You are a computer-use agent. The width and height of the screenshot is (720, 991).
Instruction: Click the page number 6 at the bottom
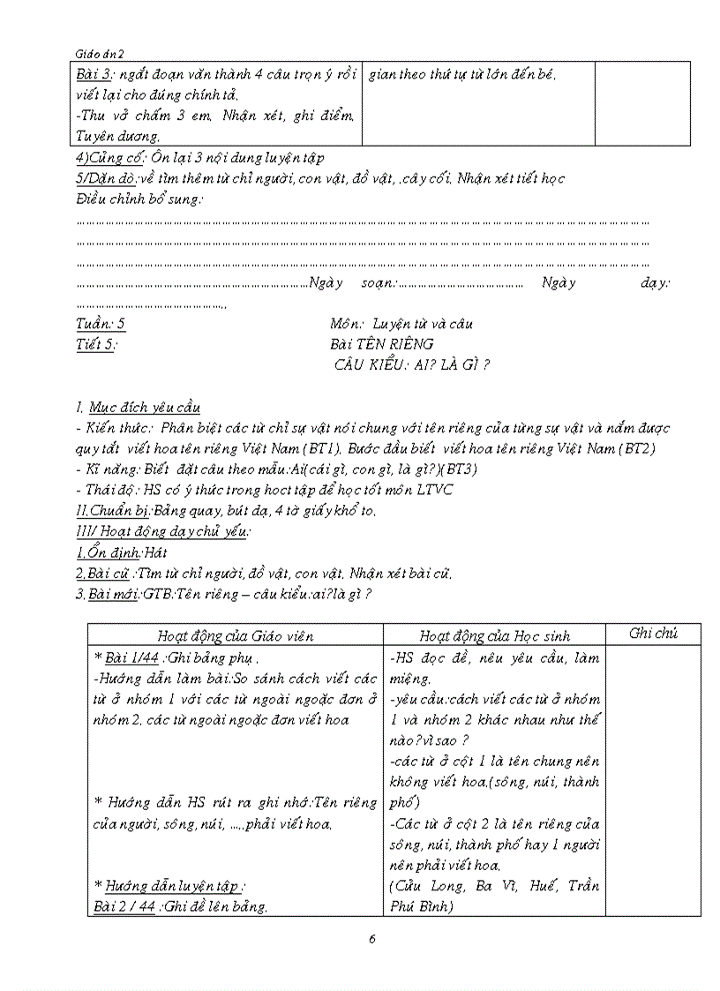[372, 938]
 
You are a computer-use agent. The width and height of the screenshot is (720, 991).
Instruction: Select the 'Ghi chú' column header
[653, 633]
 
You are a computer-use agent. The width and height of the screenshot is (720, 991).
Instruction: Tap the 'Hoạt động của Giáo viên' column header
[235, 634]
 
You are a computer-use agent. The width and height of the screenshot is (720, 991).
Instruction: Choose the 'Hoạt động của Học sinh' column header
[494, 634]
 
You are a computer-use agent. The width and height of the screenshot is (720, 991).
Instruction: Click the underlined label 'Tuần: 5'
[101, 323]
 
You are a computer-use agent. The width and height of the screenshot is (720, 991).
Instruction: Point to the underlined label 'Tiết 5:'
[97, 344]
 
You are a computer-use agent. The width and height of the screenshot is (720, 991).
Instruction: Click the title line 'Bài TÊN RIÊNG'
[381, 344]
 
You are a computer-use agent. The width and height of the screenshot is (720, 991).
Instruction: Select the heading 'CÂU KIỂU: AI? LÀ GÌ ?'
[411, 364]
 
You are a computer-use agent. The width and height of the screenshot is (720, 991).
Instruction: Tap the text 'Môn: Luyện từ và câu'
[401, 323]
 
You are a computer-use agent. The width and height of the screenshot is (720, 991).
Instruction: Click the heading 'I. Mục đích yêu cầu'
[138, 407]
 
